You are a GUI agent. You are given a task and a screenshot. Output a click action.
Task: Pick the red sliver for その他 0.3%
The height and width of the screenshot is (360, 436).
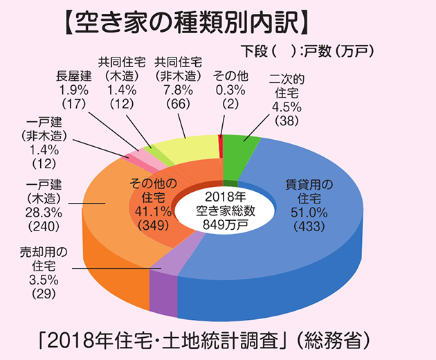pyautogui.click(x=220, y=144)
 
